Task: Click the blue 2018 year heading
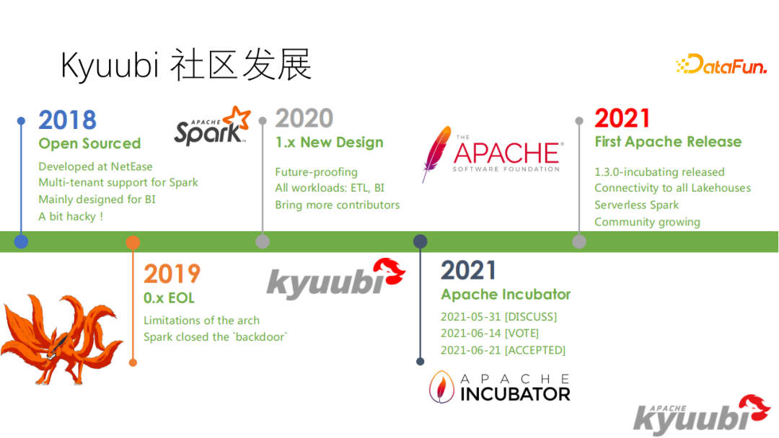[67, 120]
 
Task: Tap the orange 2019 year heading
[172, 274]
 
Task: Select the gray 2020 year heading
[304, 118]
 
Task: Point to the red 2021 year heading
[622, 118]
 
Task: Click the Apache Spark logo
[212, 127]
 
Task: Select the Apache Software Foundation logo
[492, 153]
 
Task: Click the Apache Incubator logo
[500, 387]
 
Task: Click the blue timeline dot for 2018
[21, 241]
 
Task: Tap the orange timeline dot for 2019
[133, 242]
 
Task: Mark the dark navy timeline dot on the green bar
[420, 241]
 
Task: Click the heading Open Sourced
[89, 143]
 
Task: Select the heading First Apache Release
[668, 142]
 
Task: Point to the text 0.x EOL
[169, 298]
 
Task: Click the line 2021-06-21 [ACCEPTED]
[503, 350]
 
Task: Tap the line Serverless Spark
[636, 205]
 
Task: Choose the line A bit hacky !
[71, 216]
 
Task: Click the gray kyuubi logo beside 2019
[336, 277]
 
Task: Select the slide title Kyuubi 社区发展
[186, 66]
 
